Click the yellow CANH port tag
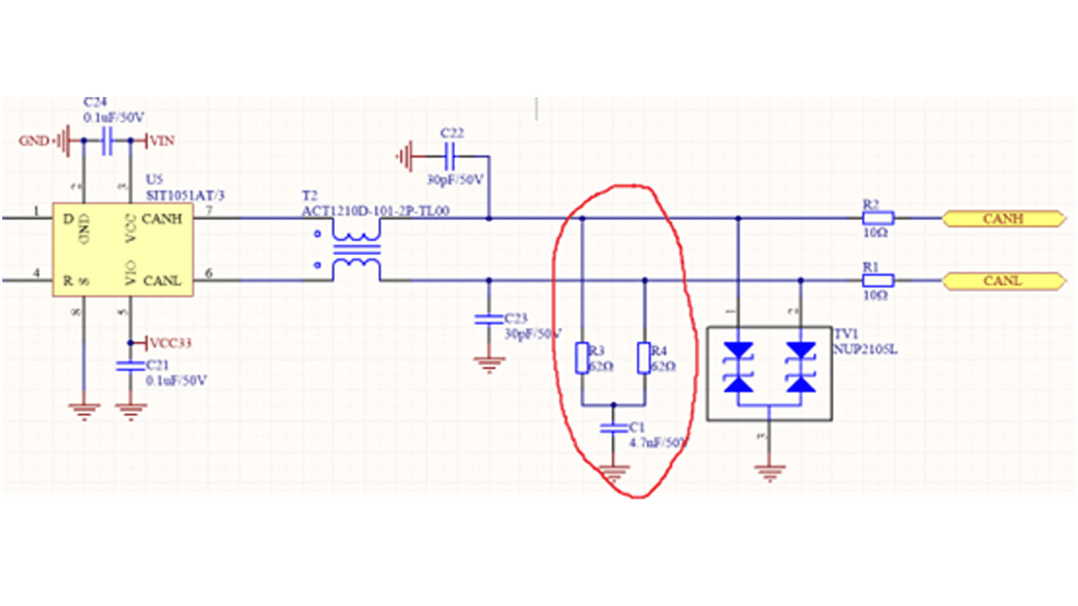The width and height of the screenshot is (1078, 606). (x=1003, y=218)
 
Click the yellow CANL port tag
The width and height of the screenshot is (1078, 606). (x=1003, y=281)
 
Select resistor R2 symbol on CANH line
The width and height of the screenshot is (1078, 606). (x=878, y=218)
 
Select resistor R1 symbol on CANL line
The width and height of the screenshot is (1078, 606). (x=878, y=281)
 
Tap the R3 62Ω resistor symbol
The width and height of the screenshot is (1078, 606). (x=582, y=358)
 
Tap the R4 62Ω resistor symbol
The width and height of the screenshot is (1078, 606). (x=644, y=358)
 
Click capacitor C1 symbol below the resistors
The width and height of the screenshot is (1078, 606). (x=613, y=428)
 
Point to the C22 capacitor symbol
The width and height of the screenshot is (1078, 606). (x=449, y=156)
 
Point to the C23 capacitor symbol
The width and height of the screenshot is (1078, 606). (x=488, y=319)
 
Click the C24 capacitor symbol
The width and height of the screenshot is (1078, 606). (x=107, y=140)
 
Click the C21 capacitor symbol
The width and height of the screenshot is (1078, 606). (x=130, y=366)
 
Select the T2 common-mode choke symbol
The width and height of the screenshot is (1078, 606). (x=356, y=249)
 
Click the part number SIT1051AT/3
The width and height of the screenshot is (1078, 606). (x=185, y=195)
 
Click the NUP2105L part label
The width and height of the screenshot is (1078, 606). (x=865, y=350)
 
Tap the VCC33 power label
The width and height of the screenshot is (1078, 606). (x=170, y=343)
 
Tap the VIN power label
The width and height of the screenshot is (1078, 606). (x=162, y=140)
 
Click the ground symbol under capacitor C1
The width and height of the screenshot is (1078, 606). (x=613, y=473)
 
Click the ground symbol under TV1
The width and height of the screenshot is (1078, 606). (x=769, y=473)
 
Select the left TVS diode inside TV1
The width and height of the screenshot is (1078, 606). (x=738, y=368)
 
